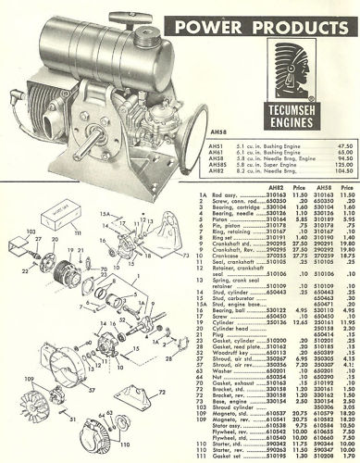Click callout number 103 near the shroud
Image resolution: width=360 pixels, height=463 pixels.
pos(30,277)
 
